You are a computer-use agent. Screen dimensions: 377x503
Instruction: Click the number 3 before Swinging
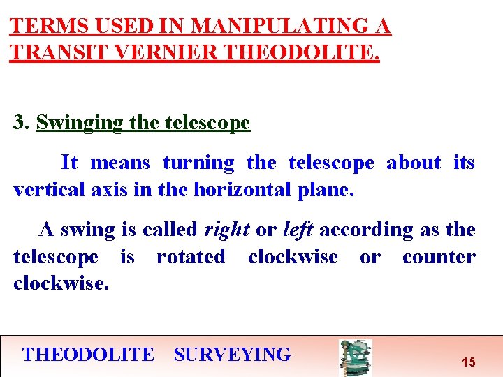point(20,124)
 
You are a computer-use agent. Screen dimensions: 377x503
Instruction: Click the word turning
point(198,163)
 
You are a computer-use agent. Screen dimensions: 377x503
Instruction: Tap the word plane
point(328,190)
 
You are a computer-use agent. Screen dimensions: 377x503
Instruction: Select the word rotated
point(191,257)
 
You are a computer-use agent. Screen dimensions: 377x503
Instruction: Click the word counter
point(439,257)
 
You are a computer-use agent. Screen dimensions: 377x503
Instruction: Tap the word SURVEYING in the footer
point(232,355)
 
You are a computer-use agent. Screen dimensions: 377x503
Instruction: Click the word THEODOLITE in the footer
point(88,355)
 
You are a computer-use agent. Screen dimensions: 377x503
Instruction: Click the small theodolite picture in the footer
point(355,357)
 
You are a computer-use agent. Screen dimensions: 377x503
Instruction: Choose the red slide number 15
point(469,362)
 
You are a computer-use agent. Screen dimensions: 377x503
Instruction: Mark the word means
point(120,163)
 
